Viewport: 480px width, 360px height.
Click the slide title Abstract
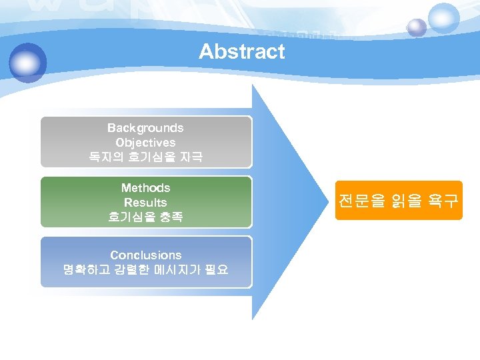click(x=241, y=51)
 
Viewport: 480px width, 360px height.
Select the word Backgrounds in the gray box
click(x=145, y=127)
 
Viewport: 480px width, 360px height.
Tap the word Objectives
click(x=145, y=142)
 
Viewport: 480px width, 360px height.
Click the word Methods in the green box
click(x=145, y=188)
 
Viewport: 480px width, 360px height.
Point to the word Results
click(x=145, y=202)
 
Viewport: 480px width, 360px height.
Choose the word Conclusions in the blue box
click(x=145, y=255)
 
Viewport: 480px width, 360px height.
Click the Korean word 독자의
click(x=104, y=157)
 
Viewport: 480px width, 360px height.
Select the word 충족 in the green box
click(x=169, y=217)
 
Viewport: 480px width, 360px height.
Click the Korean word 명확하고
click(x=83, y=270)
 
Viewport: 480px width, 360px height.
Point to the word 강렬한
click(x=129, y=270)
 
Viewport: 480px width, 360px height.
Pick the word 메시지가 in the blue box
click(x=175, y=270)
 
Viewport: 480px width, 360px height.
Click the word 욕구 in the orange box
click(x=442, y=201)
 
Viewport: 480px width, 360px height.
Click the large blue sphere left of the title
click(x=28, y=63)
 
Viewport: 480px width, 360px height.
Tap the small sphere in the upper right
click(x=417, y=27)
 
